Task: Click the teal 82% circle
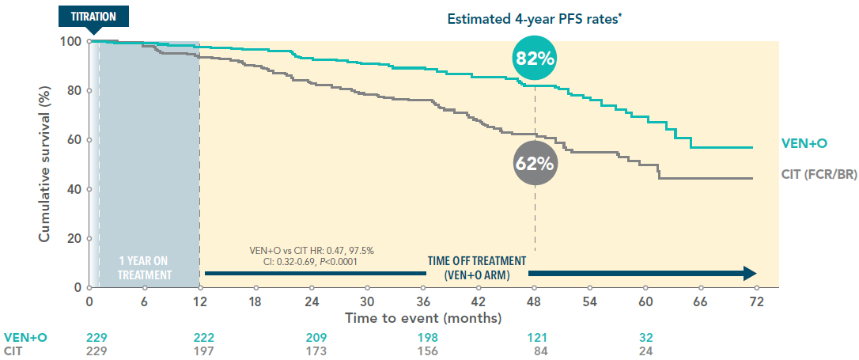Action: (x=535, y=58)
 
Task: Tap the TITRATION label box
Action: (x=93, y=16)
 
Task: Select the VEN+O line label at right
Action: (x=804, y=144)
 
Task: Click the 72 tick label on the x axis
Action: (x=756, y=301)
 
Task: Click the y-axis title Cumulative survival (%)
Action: (x=45, y=162)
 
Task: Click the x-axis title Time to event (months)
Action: (x=422, y=318)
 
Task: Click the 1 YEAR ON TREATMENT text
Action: (x=144, y=267)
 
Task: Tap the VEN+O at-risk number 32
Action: (x=647, y=336)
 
